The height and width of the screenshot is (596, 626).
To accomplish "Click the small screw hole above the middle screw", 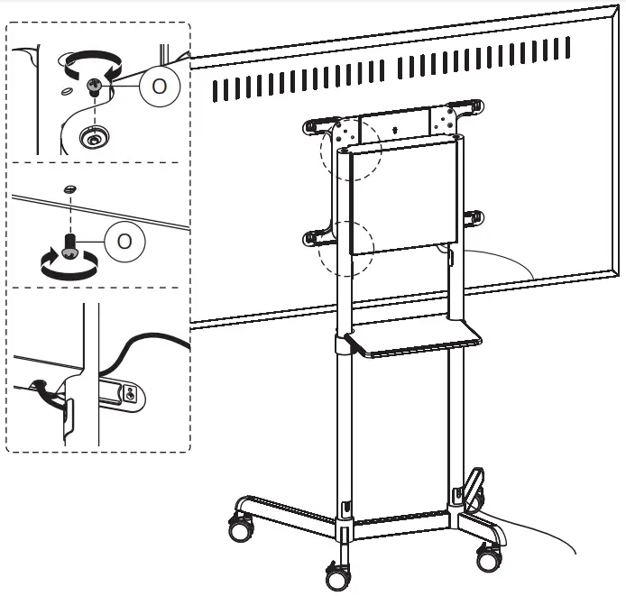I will tap(70, 188).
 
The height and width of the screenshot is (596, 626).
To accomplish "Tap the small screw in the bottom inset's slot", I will tap(131, 393).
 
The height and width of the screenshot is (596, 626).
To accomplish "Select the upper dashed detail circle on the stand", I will tap(352, 150).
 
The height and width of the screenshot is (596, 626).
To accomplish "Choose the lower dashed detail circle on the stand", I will tap(346, 249).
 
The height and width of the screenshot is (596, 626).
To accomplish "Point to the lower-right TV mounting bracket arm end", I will tap(475, 217).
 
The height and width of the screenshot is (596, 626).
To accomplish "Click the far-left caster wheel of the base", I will tap(239, 529).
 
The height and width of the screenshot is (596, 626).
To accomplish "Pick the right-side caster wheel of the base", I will tap(491, 556).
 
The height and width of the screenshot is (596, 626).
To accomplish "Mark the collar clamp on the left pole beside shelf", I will tap(343, 345).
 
